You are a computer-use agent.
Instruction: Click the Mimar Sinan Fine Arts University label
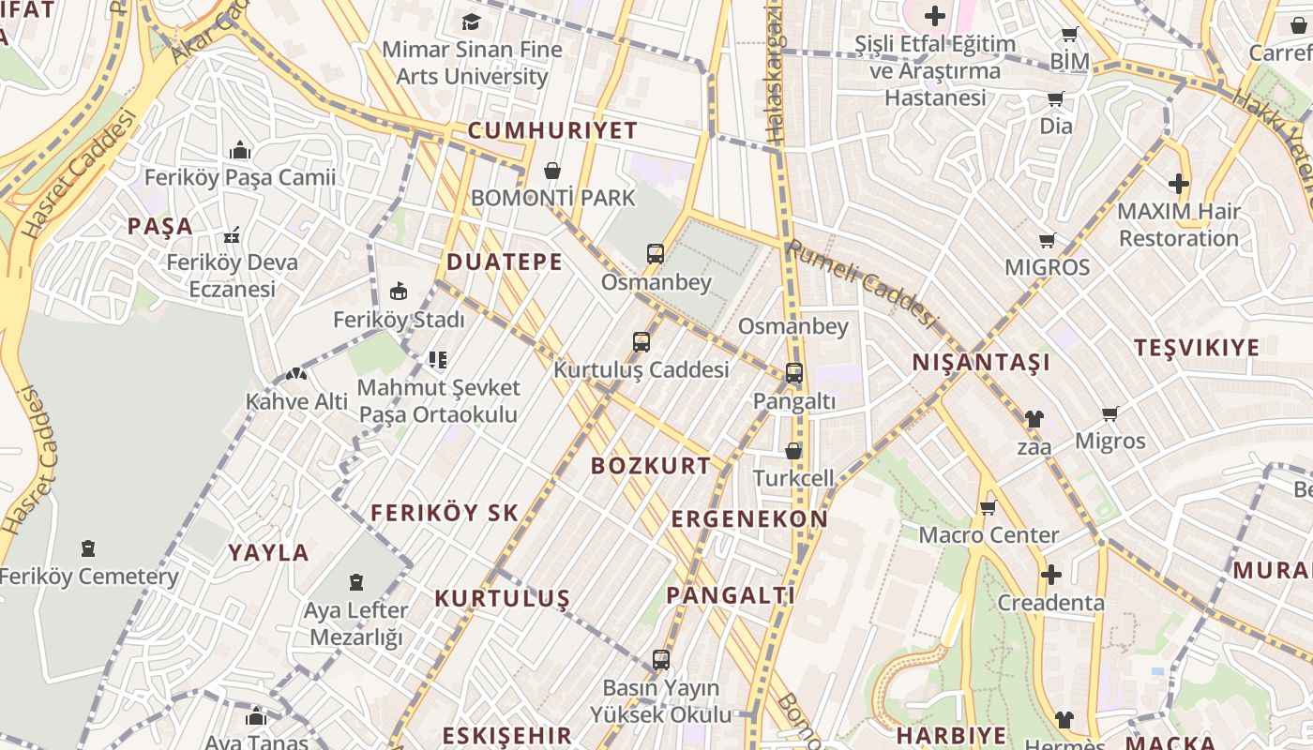(473, 63)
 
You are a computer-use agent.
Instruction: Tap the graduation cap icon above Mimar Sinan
(471, 22)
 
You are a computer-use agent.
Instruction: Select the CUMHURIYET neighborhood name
(552, 130)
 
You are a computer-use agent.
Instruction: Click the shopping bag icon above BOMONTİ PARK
(552, 171)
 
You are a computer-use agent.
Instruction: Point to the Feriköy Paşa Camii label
(239, 177)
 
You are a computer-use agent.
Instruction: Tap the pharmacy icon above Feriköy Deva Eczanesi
(232, 235)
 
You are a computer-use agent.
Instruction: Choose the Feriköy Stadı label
(399, 320)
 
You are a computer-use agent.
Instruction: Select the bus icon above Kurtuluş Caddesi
(641, 342)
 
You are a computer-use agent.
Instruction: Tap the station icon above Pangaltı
(794, 373)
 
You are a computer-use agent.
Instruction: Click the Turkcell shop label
(793, 478)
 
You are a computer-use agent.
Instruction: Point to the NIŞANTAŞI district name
(981, 363)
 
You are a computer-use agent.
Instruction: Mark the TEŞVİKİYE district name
(1197, 348)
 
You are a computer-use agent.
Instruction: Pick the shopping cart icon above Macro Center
(988, 508)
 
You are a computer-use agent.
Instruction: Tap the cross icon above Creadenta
(1051, 575)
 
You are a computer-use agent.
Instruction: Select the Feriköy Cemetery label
(88, 577)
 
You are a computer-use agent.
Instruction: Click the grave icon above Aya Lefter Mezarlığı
(356, 582)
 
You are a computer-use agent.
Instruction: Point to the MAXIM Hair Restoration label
(1178, 225)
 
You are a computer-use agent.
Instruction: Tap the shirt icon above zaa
(1034, 419)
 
